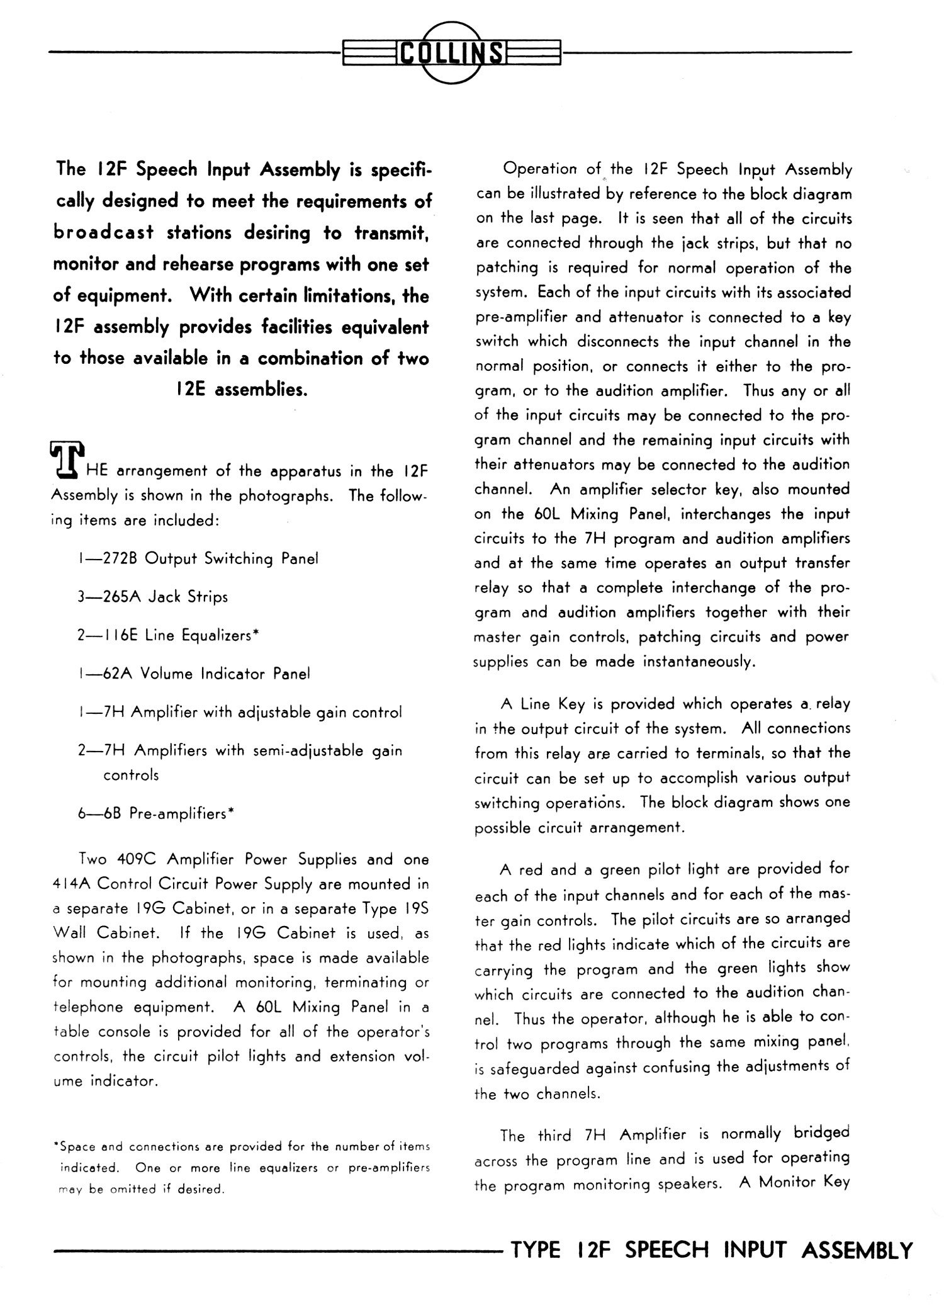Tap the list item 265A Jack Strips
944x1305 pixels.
coord(153,597)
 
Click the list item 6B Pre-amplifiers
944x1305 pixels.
coord(156,813)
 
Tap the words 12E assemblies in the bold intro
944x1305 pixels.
coord(242,390)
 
